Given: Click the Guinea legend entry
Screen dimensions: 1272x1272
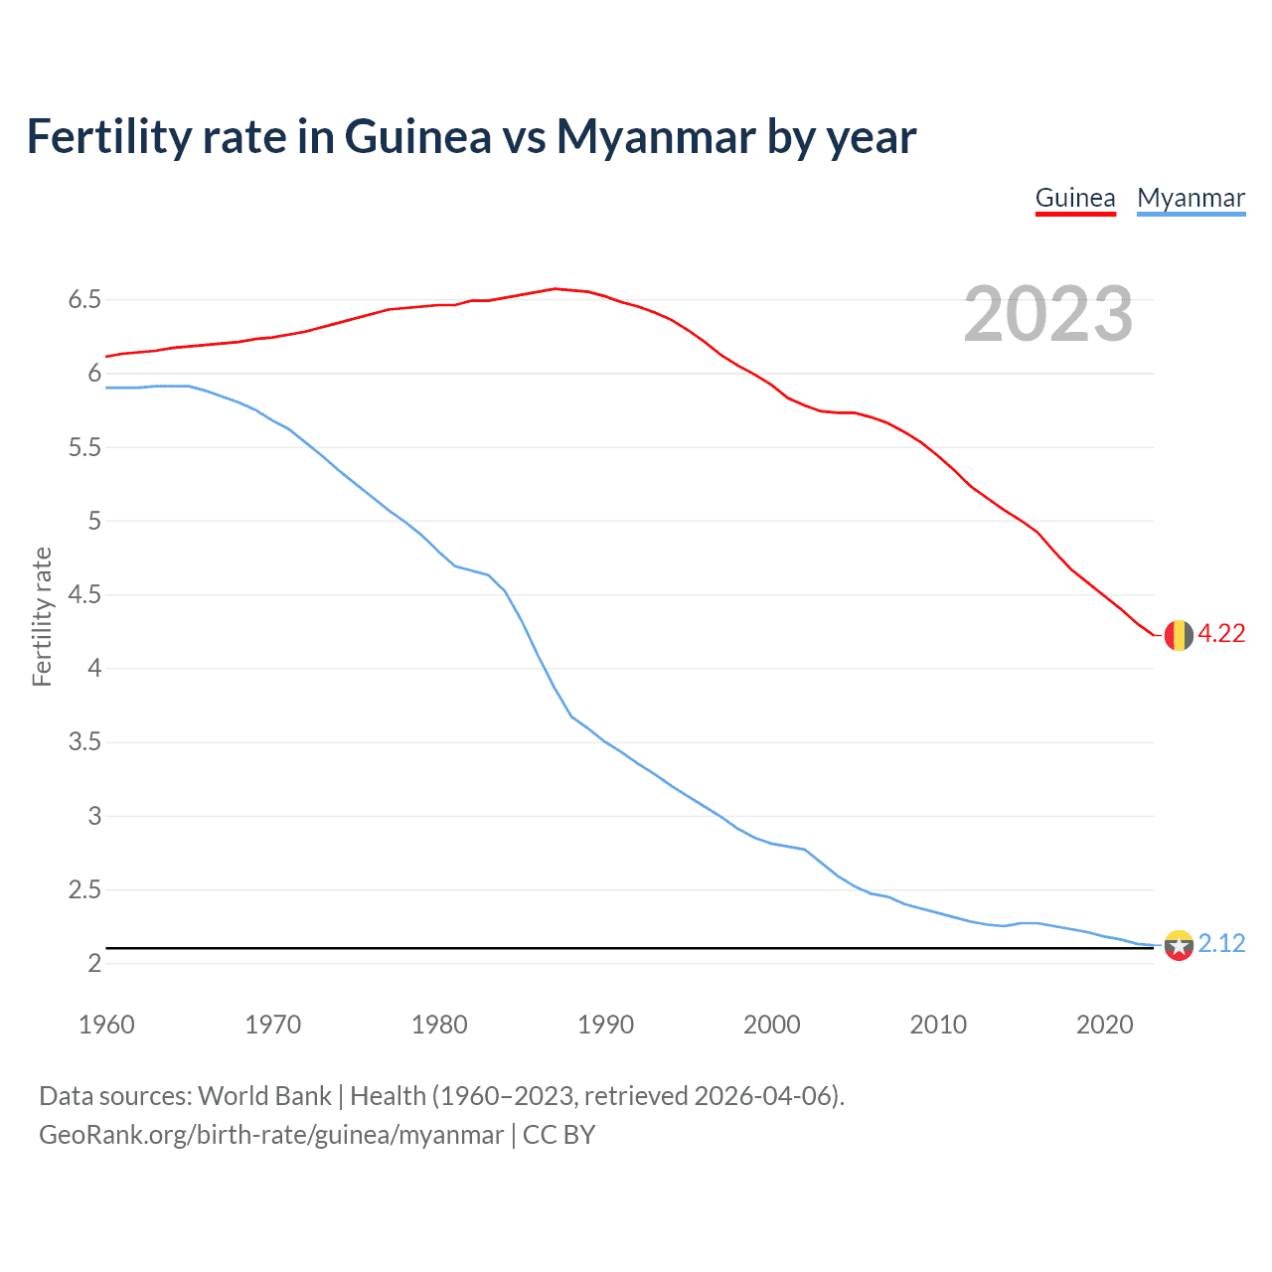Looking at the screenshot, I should coord(1075,198).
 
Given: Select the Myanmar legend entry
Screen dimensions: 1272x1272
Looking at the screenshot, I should coord(1191,198).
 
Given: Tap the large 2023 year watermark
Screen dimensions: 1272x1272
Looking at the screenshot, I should coord(1048,314).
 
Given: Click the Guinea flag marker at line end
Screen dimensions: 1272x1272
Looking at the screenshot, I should coord(1179,635).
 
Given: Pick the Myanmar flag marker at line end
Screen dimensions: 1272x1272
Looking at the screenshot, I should coord(1179,945).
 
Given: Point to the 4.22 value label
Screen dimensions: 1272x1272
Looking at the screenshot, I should coord(1221,634).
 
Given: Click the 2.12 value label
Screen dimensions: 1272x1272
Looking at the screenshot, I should coord(1221,944).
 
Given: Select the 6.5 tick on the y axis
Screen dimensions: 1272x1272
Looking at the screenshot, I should coord(84,299).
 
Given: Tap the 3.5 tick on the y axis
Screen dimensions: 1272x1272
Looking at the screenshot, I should coord(84,742).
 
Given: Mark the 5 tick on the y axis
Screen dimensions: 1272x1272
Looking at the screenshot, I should coord(94,521).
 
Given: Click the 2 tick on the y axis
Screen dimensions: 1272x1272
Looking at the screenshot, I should coord(94,964).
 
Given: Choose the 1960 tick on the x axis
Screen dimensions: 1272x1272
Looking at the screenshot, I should coord(106,1025).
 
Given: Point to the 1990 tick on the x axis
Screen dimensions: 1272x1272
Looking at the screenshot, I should coord(605,1025).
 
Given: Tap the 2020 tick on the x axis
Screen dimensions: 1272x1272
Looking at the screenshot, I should coord(1104,1025).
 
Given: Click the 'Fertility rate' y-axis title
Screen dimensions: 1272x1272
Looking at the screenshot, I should coord(42,616).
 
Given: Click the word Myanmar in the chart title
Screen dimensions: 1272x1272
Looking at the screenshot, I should coord(652,137).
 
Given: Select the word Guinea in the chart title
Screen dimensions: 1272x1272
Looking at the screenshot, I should coord(417,137).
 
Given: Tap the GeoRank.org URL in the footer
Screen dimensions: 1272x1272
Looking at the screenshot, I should coord(270,1135).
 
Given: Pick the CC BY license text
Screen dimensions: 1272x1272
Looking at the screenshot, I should coord(558,1135).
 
